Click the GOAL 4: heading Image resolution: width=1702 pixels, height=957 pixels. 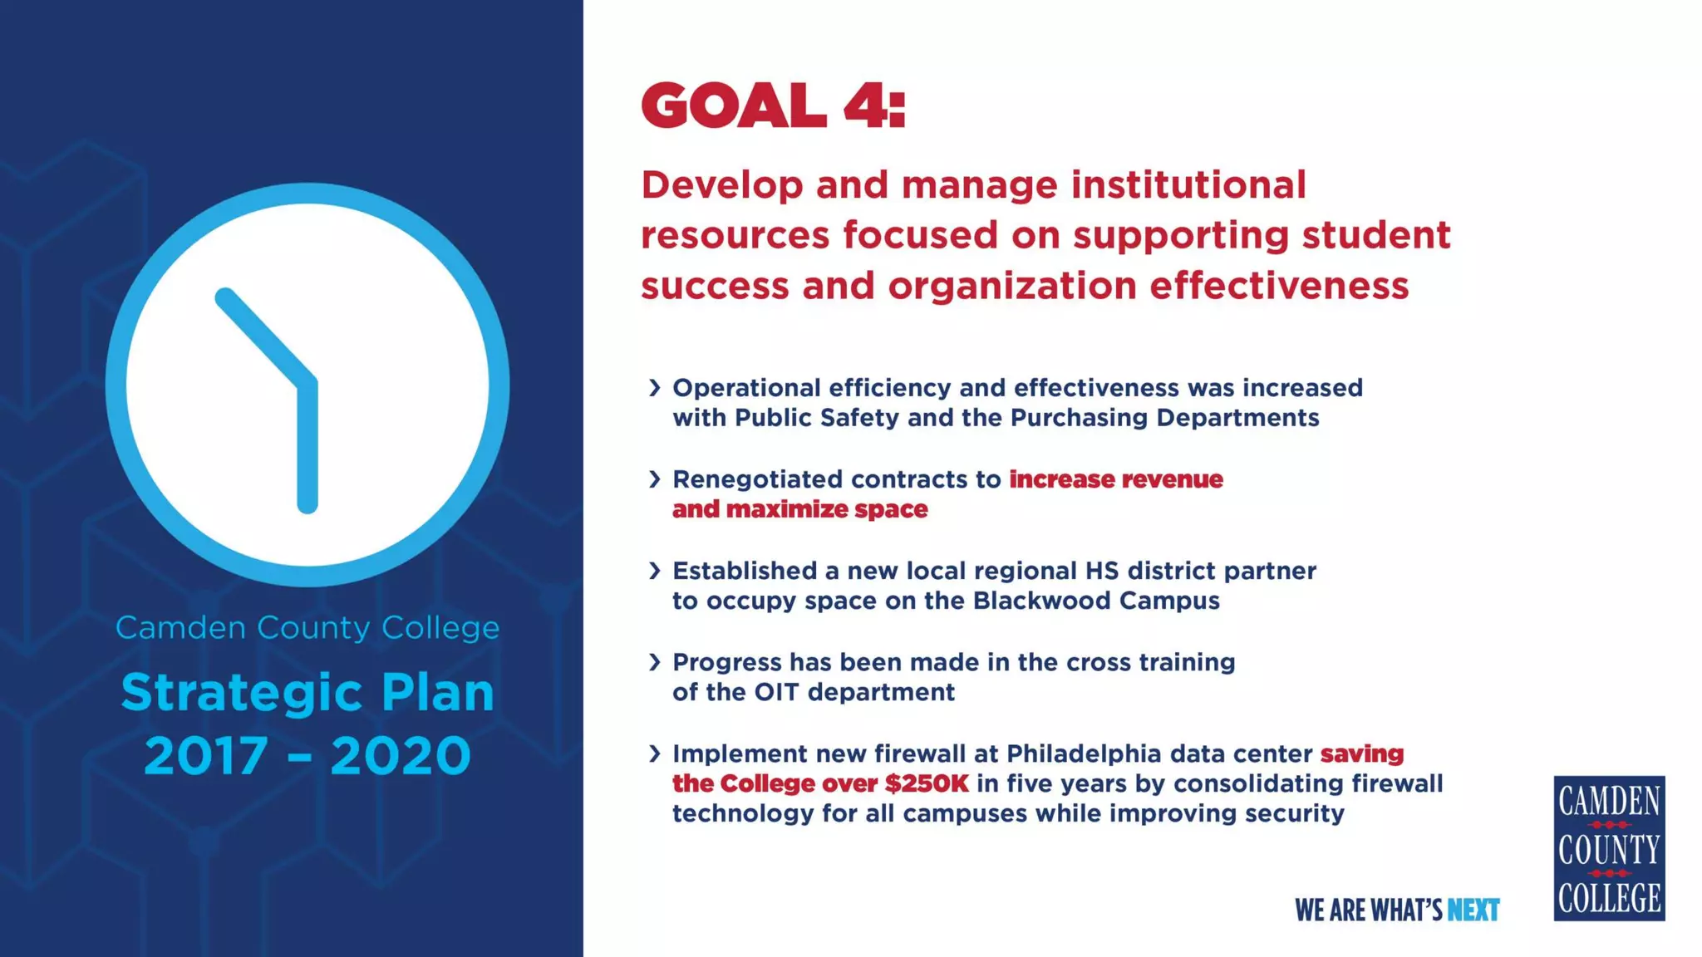tap(772, 106)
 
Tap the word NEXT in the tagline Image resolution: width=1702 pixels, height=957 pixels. tap(1473, 910)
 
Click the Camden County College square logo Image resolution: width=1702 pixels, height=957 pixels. tap(1609, 848)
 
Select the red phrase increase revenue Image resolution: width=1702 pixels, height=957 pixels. tap(1116, 479)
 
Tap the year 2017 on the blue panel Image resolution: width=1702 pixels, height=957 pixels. tap(206, 756)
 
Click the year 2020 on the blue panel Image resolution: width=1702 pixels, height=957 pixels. tap(401, 756)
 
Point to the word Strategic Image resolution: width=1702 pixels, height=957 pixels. tap(243, 692)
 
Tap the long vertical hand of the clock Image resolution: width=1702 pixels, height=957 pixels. tap(307, 449)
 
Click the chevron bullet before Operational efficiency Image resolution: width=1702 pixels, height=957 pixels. tap(655, 388)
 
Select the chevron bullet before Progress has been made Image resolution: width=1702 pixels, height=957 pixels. tap(655, 662)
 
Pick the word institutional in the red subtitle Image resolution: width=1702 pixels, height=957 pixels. tap(1188, 184)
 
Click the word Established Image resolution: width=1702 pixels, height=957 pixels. tap(745, 571)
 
